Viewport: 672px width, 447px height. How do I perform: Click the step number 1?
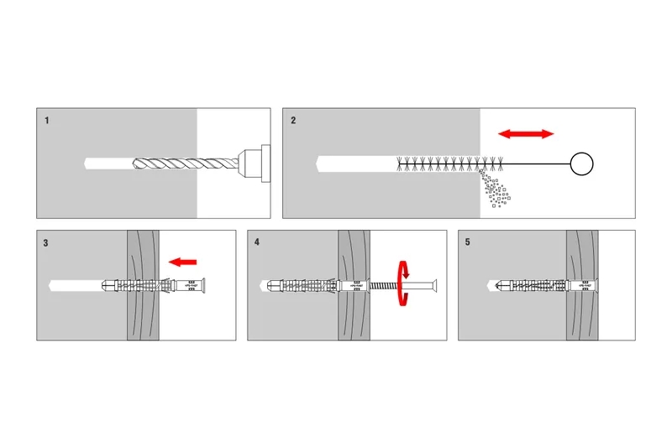pyautogui.click(x=47, y=121)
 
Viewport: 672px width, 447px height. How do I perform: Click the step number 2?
pyautogui.click(x=293, y=121)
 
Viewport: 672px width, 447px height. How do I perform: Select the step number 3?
pyautogui.click(x=46, y=243)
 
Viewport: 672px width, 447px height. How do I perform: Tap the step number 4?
pyautogui.click(x=257, y=243)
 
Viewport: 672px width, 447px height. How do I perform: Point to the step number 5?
pyautogui.click(x=467, y=243)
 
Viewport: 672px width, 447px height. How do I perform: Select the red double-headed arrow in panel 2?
pyautogui.click(x=526, y=133)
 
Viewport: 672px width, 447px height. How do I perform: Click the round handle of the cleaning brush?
pyautogui.click(x=581, y=164)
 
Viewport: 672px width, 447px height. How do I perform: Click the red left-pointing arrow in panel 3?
pyautogui.click(x=182, y=262)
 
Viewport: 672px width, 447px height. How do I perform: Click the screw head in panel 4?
pyautogui.click(x=435, y=286)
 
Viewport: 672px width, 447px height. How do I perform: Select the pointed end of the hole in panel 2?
pyautogui.click(x=318, y=164)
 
